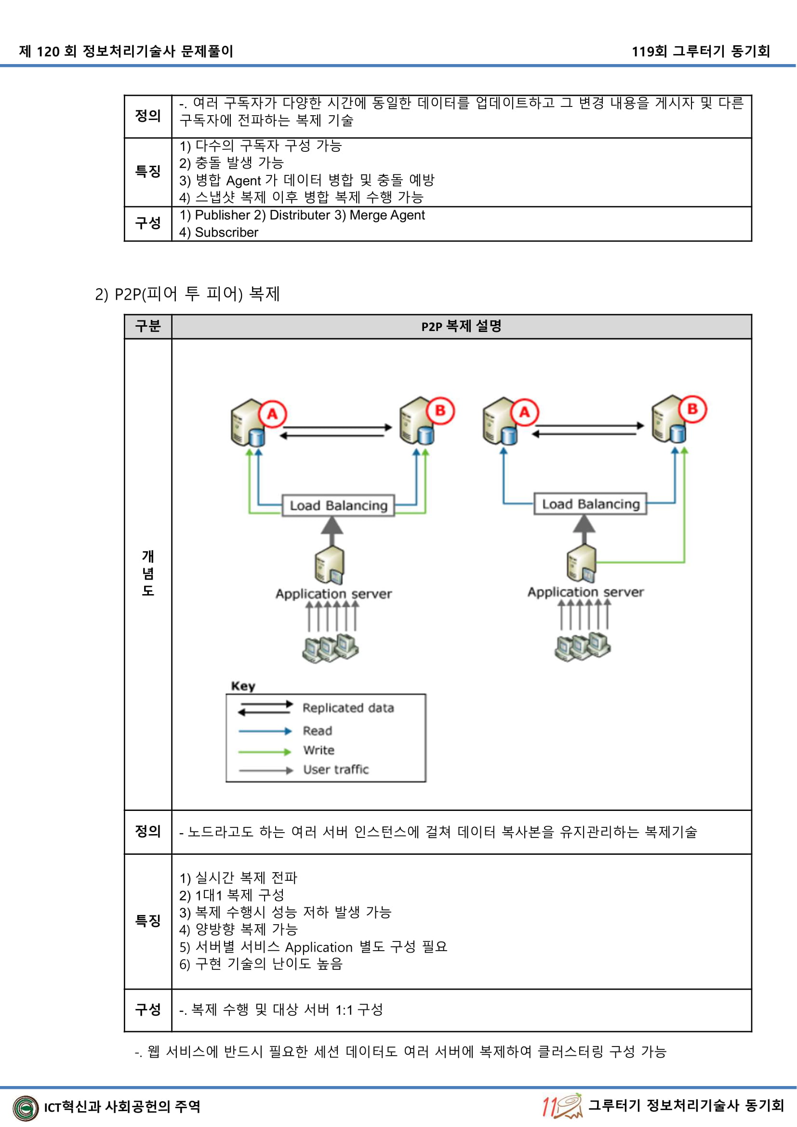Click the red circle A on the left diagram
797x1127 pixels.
click(272, 414)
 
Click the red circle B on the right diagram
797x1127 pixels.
click(692, 409)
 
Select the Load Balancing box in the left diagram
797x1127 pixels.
click(338, 505)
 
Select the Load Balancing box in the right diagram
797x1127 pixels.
click(590, 504)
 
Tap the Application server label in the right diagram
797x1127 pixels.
click(585, 592)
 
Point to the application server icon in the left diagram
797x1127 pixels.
click(330, 566)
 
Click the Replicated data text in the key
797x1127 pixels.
click(348, 708)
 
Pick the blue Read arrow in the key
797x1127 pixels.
click(265, 731)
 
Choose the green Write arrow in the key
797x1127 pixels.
click(265, 751)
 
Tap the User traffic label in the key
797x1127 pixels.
click(336, 769)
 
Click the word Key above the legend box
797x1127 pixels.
click(243, 686)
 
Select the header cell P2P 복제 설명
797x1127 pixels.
click(461, 326)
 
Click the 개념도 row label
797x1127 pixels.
click(148, 573)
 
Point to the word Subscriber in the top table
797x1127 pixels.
click(226, 232)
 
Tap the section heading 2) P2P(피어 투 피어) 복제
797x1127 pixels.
click(187, 293)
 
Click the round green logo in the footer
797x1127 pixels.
click(26, 1108)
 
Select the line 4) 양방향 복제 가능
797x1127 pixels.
click(239, 929)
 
